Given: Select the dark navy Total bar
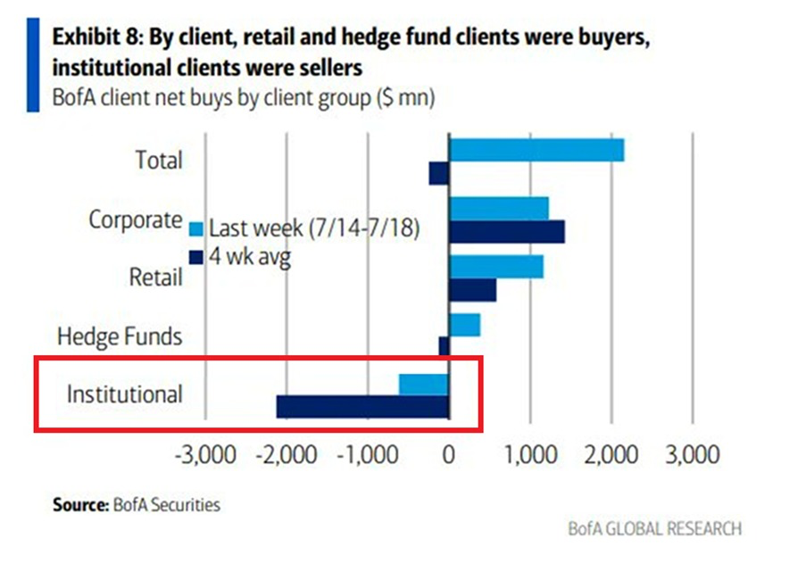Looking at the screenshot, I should [438, 173].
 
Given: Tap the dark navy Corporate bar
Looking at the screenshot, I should [507, 232].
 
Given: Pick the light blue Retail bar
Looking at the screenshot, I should [496, 267].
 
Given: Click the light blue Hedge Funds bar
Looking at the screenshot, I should [465, 325].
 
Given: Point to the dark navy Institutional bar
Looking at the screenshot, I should [362, 407].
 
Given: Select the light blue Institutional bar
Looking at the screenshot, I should [424, 384].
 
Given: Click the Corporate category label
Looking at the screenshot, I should [135, 219].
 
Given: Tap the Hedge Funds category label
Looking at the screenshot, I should [120, 336].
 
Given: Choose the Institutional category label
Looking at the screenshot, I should [125, 393].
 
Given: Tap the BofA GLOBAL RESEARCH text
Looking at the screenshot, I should [654, 529].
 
